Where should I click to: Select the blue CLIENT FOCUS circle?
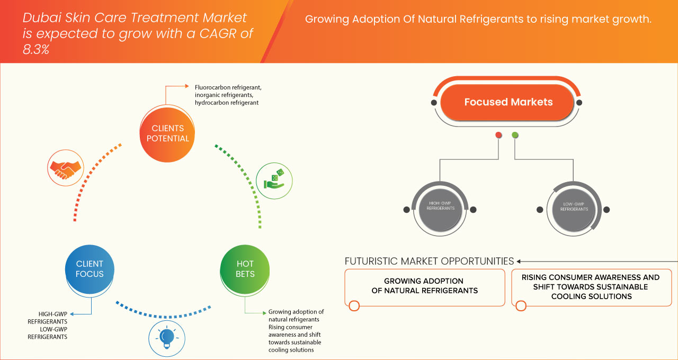click(90, 269)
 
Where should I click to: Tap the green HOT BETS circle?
click(245, 269)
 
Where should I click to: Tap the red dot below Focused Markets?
click(498, 136)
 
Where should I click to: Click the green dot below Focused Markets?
click(515, 136)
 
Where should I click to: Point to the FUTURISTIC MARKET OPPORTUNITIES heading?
click(429, 261)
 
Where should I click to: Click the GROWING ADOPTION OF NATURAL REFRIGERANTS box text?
click(424, 286)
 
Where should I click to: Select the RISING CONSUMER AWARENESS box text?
click(591, 286)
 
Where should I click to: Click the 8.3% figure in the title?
click(35, 49)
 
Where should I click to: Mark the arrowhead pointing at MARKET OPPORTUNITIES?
click(519, 261)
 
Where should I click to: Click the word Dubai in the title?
click(39, 17)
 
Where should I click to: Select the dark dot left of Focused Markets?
click(434, 102)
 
